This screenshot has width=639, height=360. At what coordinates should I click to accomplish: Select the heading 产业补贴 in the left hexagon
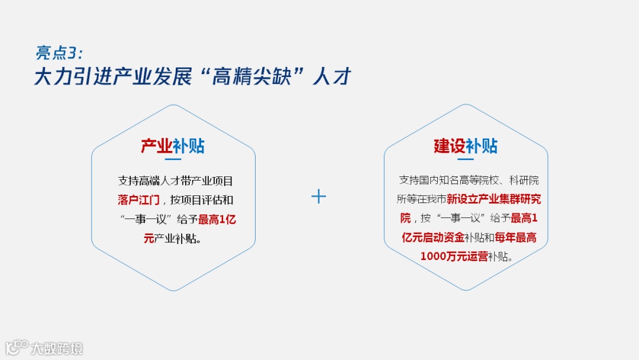(x=173, y=146)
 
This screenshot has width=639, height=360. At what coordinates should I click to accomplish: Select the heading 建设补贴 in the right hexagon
(x=466, y=146)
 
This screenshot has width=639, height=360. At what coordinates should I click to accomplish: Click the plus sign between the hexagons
(x=319, y=197)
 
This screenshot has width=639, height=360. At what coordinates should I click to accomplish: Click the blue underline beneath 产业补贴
(x=173, y=159)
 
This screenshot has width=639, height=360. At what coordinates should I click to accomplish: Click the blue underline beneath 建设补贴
(x=466, y=159)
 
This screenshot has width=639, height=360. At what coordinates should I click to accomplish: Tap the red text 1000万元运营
(x=454, y=257)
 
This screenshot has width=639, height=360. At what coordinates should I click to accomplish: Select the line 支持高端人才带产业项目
(x=176, y=181)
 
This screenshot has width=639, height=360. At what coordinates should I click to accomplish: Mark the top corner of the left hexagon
(x=173, y=105)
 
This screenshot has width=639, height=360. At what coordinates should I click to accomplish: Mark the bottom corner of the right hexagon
(x=466, y=290)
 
